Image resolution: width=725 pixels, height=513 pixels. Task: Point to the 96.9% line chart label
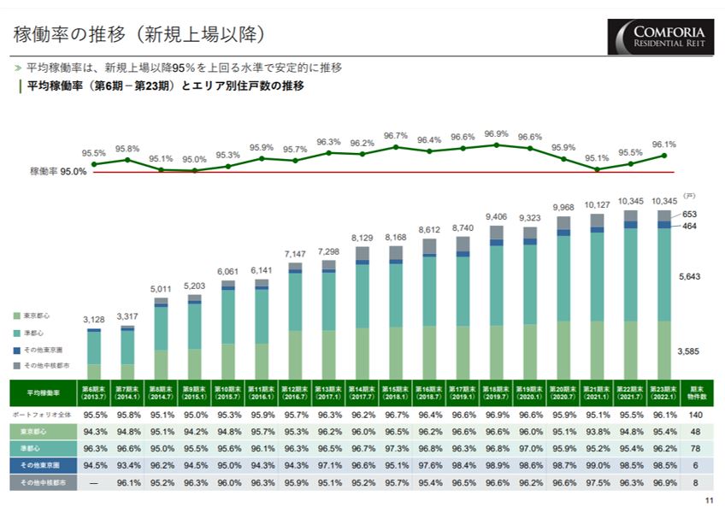click(x=496, y=134)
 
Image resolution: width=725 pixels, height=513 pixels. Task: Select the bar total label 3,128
click(x=94, y=320)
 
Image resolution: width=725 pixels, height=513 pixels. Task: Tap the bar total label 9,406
click(x=496, y=217)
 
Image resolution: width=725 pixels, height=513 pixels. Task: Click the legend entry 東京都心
click(x=38, y=316)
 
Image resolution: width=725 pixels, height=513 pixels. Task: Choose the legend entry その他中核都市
click(x=46, y=365)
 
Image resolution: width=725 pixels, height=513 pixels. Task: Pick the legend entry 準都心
click(x=33, y=333)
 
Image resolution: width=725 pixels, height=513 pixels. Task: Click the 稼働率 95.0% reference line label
click(x=58, y=172)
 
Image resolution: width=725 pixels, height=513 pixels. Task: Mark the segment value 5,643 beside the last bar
click(x=689, y=277)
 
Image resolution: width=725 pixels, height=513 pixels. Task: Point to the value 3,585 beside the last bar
click(x=689, y=351)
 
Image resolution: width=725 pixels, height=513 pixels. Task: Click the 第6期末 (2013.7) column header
click(x=94, y=393)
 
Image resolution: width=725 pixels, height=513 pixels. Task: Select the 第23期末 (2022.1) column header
click(x=663, y=393)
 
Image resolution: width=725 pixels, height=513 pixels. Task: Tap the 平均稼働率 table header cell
click(x=43, y=393)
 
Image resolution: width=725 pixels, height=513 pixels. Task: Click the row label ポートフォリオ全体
click(x=43, y=415)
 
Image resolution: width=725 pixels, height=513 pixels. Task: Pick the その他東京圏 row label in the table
click(x=43, y=465)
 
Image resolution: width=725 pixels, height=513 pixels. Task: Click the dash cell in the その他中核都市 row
click(x=94, y=483)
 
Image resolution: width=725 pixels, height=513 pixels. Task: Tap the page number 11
click(x=707, y=501)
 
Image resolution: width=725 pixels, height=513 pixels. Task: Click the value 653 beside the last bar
click(x=688, y=214)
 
